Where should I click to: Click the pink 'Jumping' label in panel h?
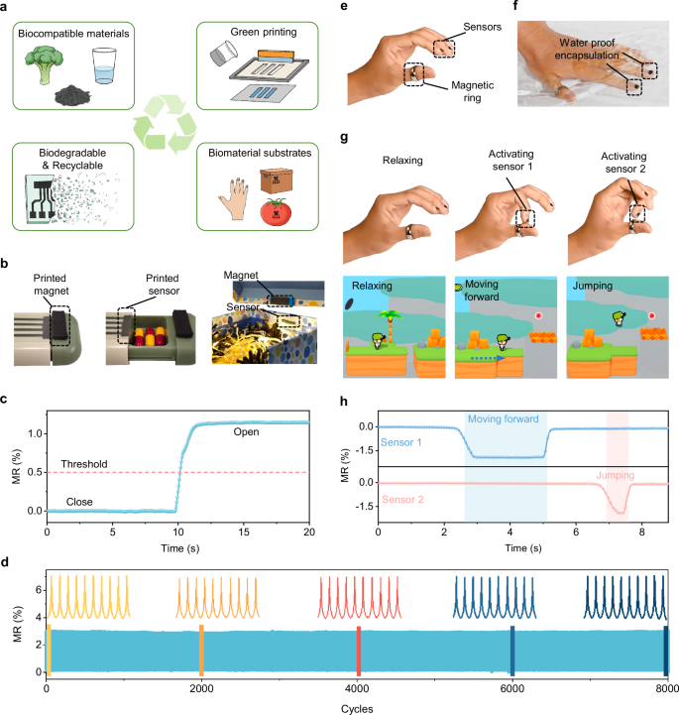(x=617, y=475)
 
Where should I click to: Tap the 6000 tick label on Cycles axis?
(x=512, y=688)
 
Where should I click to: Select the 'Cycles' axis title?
(x=358, y=707)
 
